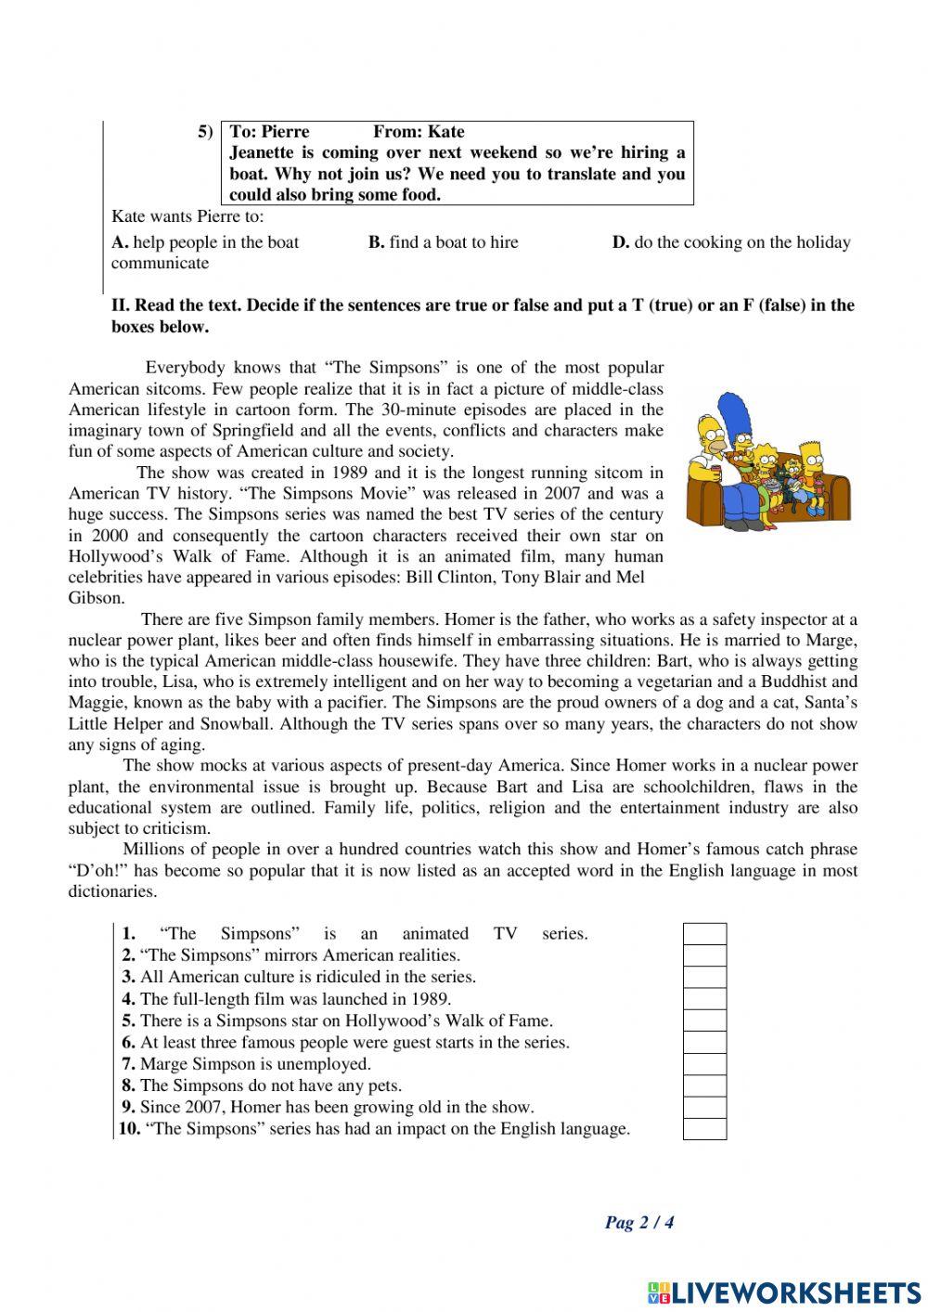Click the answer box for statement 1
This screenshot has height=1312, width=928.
coord(704,933)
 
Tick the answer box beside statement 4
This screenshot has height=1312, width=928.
coord(704,999)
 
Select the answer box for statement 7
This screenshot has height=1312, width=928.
coord(704,1064)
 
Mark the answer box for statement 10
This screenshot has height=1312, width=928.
coord(704,1129)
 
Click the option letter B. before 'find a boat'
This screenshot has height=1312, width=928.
coord(376,242)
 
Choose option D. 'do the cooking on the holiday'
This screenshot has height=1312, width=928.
coord(731,242)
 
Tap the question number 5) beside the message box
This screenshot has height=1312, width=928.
coord(205,131)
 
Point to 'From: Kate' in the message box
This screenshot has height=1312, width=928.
coord(419,131)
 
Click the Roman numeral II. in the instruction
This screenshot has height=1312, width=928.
coord(121,305)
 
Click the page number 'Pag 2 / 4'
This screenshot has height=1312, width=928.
coord(639,1222)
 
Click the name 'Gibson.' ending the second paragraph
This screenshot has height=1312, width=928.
coord(96,599)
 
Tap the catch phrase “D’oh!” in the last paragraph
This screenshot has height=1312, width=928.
coord(99,871)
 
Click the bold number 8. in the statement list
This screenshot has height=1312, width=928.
coord(129,1085)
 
